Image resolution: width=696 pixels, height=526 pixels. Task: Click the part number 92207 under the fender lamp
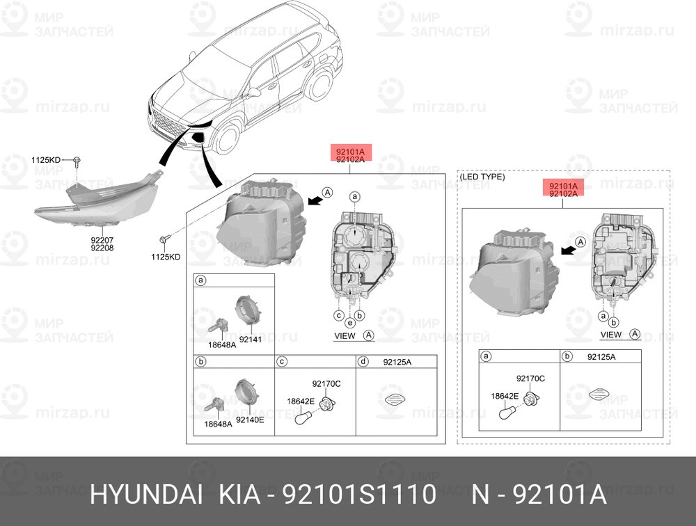click(102, 240)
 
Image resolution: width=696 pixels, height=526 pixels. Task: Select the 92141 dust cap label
click(251, 340)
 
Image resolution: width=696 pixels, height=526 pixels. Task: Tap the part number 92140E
click(250, 419)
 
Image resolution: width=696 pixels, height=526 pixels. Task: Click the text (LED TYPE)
click(482, 177)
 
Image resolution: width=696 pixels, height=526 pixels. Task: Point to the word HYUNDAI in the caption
click(146, 495)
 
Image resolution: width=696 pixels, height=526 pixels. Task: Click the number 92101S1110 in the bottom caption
click(359, 495)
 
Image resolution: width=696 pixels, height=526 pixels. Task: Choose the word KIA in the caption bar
click(239, 495)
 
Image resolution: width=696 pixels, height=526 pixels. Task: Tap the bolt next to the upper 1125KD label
click(77, 161)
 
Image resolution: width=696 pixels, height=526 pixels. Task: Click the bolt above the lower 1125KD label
click(162, 240)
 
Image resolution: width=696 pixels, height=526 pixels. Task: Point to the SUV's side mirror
click(253, 93)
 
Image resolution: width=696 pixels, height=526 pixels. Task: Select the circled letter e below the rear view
click(350, 323)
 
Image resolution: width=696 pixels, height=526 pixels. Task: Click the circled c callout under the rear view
click(339, 316)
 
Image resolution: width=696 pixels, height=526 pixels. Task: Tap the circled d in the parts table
click(363, 362)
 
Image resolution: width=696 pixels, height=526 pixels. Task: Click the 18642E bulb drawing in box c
click(304, 416)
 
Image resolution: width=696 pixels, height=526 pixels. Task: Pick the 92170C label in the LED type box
click(530, 378)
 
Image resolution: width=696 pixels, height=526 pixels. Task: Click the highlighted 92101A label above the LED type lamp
click(563, 186)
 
